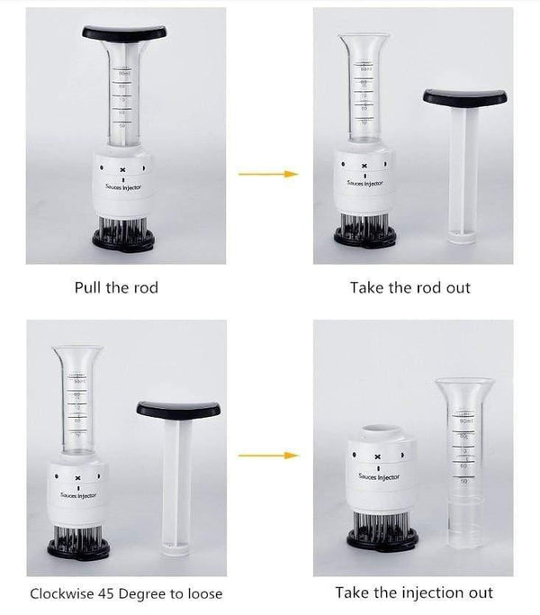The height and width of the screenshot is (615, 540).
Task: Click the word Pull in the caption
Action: tap(89, 288)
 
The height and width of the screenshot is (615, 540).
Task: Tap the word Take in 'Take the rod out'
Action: tap(365, 288)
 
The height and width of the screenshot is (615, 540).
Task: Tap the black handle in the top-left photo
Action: tap(124, 32)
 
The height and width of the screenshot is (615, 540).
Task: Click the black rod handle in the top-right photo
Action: tap(464, 96)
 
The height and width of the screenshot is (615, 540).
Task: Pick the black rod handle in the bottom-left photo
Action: tap(178, 410)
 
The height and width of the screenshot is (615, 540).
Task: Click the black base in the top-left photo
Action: tap(123, 240)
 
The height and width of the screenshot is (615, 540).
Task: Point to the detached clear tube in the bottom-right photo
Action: tap(463, 459)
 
